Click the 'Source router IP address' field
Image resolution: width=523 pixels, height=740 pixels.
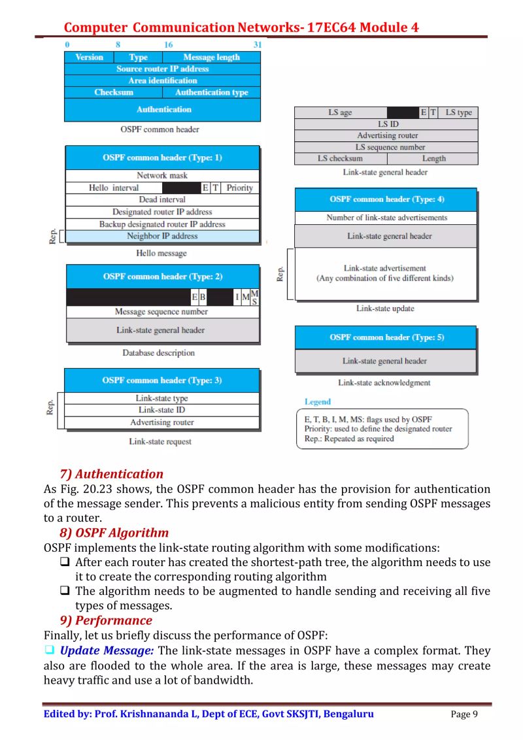coord(162,69)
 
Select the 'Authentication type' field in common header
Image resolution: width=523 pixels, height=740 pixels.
coord(211,92)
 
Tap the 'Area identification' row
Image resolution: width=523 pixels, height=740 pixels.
coord(162,80)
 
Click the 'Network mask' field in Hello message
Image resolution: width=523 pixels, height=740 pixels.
coord(162,175)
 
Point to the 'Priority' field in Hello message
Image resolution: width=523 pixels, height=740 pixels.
coord(239,188)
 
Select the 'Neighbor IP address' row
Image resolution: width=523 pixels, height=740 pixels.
coord(162,236)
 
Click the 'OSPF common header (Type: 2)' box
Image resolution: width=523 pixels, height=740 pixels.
coord(162,277)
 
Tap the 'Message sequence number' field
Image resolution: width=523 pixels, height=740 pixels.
coord(162,312)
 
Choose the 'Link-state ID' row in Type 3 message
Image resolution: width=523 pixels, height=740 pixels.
coord(162,410)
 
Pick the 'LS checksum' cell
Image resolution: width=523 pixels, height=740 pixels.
coord(340,158)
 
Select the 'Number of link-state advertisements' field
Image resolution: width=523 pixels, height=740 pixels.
coord(386,218)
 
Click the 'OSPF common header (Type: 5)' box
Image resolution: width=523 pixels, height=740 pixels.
coord(386,337)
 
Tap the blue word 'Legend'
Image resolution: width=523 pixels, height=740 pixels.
coord(318,401)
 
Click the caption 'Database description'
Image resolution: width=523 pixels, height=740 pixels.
coord(158,353)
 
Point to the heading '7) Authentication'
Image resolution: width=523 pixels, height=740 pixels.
coord(111,474)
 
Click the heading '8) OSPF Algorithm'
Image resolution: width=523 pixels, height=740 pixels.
coord(114,533)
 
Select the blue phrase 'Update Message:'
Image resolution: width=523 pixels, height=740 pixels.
coord(107,650)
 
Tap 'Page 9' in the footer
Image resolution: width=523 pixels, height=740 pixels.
coord(464,714)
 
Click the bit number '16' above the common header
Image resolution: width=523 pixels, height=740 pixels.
coord(169,44)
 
